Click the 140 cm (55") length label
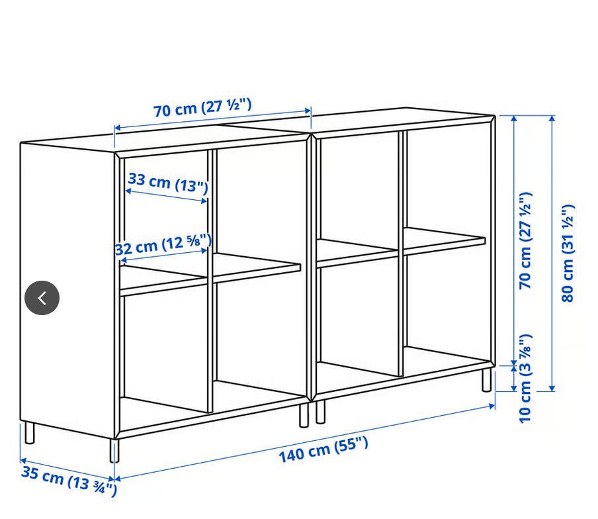[323, 449]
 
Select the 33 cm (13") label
[168, 183]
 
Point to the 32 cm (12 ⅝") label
[163, 245]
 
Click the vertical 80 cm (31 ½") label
[568, 254]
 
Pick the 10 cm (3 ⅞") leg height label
[525, 379]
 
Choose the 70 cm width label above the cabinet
[202, 108]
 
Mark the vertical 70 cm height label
[525, 240]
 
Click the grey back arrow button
[42, 298]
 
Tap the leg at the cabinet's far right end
[486, 379]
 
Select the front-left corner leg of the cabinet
[114, 450]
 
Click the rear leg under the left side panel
[29, 433]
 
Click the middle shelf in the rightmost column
[445, 241]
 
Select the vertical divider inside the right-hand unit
[401, 253]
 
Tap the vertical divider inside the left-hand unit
[210, 281]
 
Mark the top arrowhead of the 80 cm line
[552, 118]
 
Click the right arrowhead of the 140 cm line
[491, 406]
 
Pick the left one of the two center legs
[304, 415]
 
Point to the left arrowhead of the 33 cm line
[128, 191]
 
